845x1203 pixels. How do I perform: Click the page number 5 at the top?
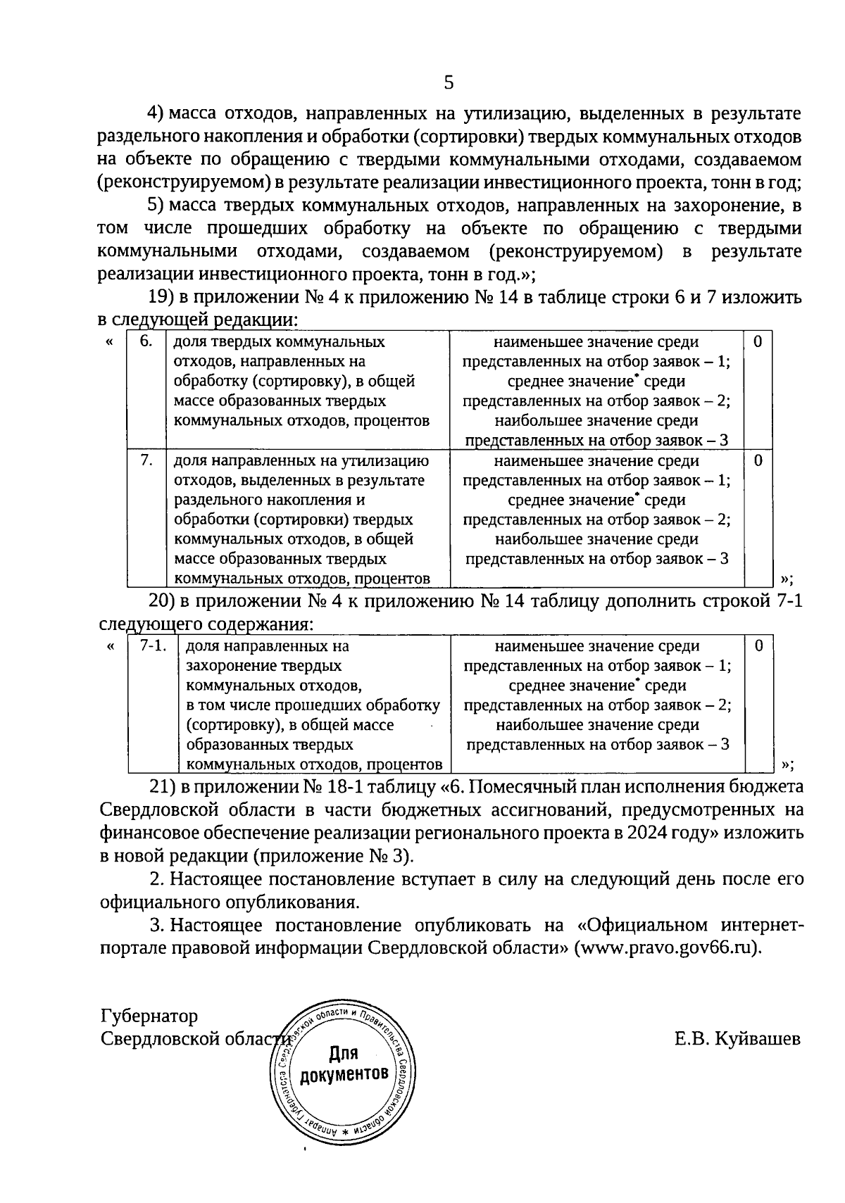449,83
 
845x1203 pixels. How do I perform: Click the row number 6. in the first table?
146,342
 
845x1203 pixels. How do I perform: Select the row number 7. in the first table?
146,460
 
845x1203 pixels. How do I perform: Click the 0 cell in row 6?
758,342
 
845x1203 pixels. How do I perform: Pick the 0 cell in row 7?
758,460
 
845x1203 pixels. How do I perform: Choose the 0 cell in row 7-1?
758,645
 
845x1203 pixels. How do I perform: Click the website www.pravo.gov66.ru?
665,947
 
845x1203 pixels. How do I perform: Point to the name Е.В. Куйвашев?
737,1039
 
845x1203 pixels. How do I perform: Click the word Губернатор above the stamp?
149,1016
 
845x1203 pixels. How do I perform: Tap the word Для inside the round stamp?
344,1054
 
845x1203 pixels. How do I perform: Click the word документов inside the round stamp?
344,1075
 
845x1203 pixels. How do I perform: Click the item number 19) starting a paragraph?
164,298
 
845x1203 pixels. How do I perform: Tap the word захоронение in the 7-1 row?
229,666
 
